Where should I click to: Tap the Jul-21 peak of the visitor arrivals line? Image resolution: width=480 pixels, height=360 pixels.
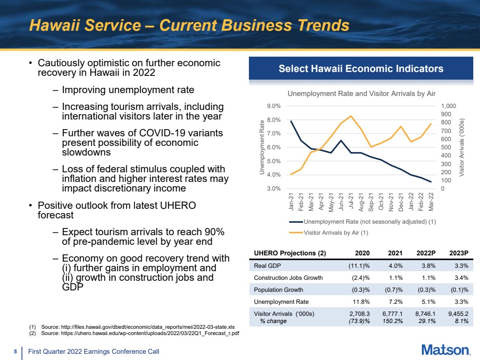[351, 116]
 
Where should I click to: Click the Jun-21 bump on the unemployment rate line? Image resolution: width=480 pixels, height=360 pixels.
[341, 140]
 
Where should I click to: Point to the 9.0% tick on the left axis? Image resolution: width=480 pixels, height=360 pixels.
[274, 106]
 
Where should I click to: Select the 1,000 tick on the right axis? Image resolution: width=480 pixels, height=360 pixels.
[448, 106]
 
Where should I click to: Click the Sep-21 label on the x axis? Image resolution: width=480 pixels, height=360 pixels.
[371, 202]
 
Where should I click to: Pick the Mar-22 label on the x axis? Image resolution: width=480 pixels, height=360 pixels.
[431, 202]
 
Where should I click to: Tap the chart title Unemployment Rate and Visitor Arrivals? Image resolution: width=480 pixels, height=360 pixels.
[361, 94]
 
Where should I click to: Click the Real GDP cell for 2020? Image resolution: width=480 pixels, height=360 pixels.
[359, 266]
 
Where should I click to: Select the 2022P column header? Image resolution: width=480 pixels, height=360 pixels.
[426, 253]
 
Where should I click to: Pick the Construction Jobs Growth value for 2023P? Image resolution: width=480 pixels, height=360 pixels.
[461, 278]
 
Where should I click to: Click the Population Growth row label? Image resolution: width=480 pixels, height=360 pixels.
[278, 289]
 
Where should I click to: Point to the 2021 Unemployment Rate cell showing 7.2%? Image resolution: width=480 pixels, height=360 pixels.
[395, 301]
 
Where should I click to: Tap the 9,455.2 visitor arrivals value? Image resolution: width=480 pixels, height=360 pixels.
[458, 313]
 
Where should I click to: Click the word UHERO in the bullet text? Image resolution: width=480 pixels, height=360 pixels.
[178, 205]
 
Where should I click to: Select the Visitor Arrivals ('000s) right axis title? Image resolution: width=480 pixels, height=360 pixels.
[462, 147]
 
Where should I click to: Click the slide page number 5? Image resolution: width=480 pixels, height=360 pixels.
[15, 351]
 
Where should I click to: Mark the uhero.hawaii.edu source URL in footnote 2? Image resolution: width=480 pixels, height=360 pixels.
[150, 333]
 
